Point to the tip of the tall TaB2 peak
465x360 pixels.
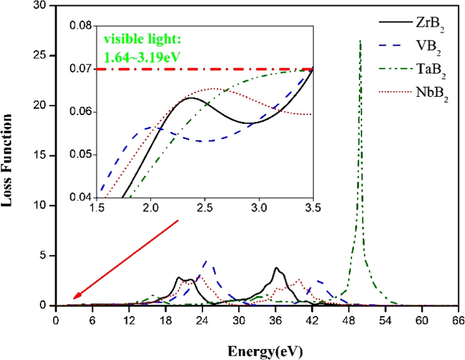(x=360, y=41)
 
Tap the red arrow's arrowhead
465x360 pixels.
(x=76, y=298)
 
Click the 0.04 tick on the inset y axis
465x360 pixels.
(x=83, y=198)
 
